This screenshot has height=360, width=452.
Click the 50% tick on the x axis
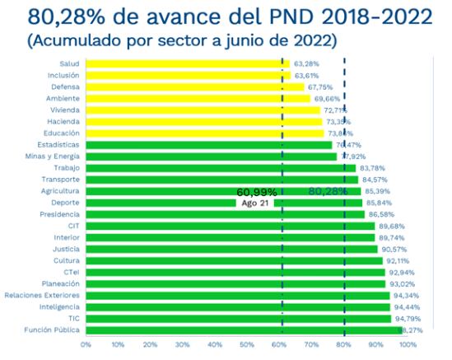(x=247, y=345)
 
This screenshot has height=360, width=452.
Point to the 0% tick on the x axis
(x=86, y=345)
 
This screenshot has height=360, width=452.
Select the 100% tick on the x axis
(x=408, y=345)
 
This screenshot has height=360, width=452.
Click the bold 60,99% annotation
(x=256, y=191)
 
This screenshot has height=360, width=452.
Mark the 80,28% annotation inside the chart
(x=328, y=191)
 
